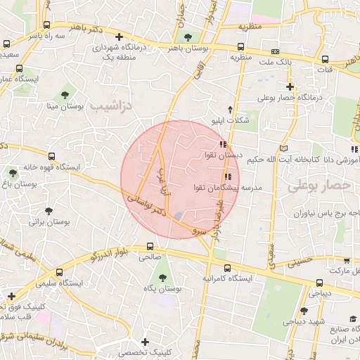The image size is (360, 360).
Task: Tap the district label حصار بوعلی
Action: [318, 186]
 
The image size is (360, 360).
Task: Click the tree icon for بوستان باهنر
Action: [186, 37]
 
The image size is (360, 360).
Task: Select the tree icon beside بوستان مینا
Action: [65, 94]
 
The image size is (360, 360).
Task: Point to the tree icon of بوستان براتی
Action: [48, 210]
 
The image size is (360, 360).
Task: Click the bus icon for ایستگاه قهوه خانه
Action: [51, 156]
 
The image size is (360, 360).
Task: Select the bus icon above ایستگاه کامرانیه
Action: [227, 268]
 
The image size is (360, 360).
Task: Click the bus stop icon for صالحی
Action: [150, 247]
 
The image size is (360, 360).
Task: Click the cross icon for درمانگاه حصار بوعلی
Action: [290, 86]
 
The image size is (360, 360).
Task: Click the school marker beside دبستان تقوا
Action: [223, 144]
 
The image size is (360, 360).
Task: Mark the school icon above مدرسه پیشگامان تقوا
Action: [227, 176]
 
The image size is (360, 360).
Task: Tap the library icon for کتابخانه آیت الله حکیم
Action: [283, 148]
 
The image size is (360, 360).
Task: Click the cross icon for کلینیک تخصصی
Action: [145, 342]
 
